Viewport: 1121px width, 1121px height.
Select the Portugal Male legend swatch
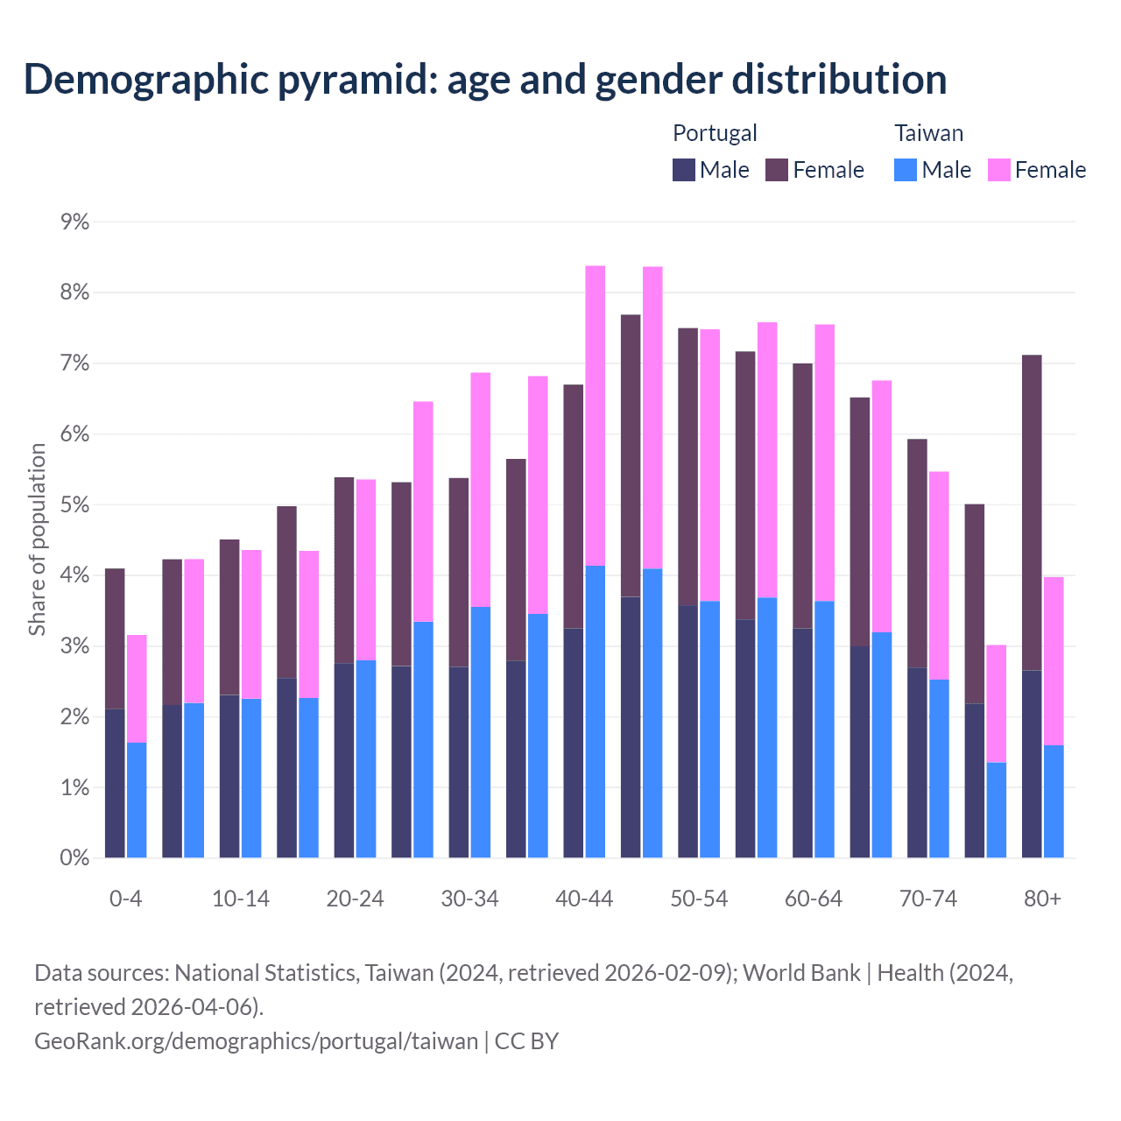tap(684, 170)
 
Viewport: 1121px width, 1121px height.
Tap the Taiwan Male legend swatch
tap(906, 170)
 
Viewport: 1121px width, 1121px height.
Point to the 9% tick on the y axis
tap(75, 222)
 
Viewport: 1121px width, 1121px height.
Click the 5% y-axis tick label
tap(75, 505)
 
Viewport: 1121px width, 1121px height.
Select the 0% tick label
tap(75, 858)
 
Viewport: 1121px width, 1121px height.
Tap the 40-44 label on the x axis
tap(584, 899)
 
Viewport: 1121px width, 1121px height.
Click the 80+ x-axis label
tap(1042, 899)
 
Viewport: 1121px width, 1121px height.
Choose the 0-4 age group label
tap(125, 899)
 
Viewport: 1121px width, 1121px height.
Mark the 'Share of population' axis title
tap(37, 539)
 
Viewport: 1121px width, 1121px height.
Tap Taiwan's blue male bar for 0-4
tap(137, 800)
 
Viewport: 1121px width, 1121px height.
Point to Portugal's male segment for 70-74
tap(917, 763)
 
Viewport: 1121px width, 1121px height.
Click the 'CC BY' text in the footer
tap(526, 1040)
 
